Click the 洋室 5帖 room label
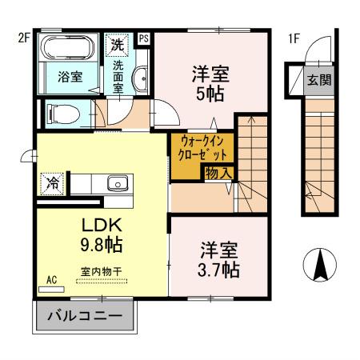pyautogui.click(x=210, y=82)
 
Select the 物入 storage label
pyautogui.click(x=218, y=172)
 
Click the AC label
pyautogui.click(x=51, y=281)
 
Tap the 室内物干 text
pyautogui.click(x=102, y=272)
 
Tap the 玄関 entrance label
pyautogui.click(x=321, y=79)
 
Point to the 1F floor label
pyautogui.click(x=295, y=37)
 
